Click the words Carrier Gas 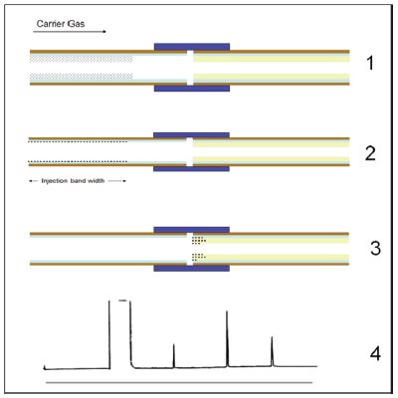click(x=61, y=24)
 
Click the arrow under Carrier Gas click(x=70, y=32)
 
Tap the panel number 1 click(x=370, y=63)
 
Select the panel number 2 click(x=370, y=153)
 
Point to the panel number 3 click(x=375, y=248)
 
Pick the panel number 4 click(x=375, y=354)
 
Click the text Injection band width click(x=73, y=181)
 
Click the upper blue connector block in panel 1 click(x=192, y=47)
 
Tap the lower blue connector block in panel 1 click(x=192, y=89)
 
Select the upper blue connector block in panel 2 click(x=191, y=135)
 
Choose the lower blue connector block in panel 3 click(x=191, y=268)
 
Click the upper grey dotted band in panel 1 click(x=82, y=59)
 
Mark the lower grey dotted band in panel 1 click(x=82, y=77)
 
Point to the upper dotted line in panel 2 click(x=78, y=142)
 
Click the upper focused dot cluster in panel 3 click(x=199, y=240)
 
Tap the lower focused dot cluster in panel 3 click(x=199, y=257)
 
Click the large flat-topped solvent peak click(x=119, y=333)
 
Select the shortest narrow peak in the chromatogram click(x=174, y=355)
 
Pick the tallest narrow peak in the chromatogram click(x=227, y=338)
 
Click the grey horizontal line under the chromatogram click(x=179, y=382)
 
